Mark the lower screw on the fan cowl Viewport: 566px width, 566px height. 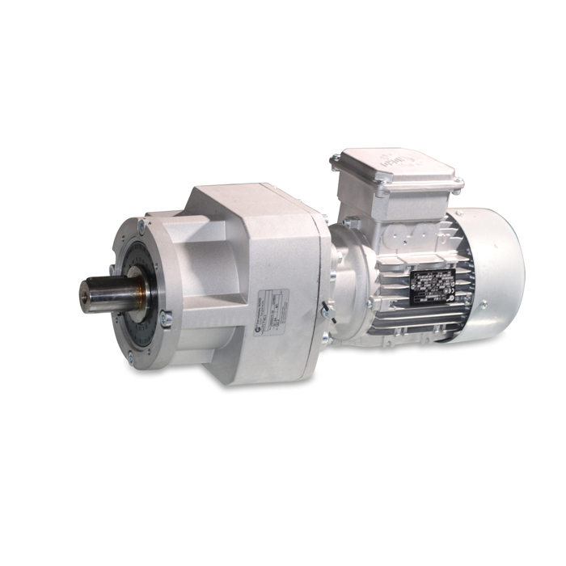coord(483,305)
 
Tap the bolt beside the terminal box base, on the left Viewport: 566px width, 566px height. coord(345,222)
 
